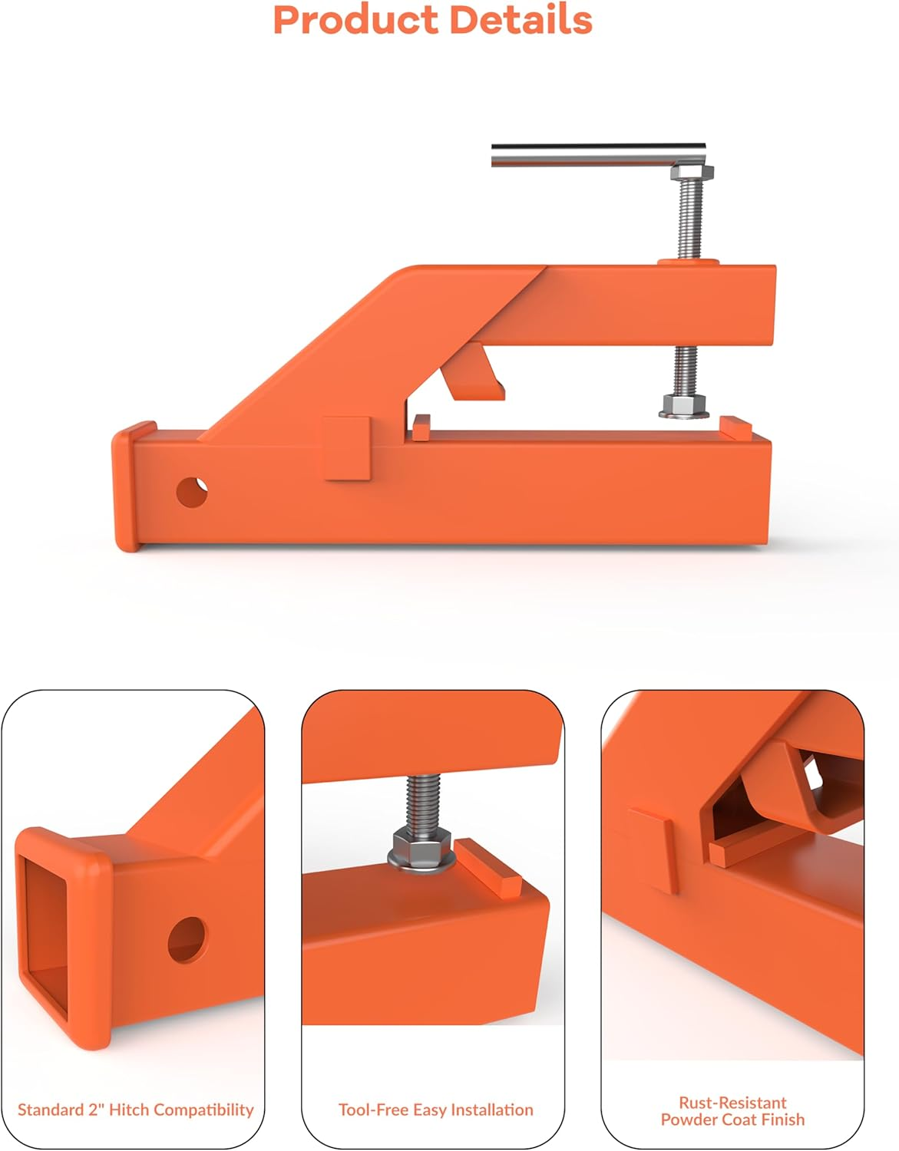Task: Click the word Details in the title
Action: tap(521, 20)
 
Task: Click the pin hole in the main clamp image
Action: tap(191, 491)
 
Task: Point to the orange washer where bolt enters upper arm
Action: tap(688, 263)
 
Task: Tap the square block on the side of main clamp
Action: tap(347, 448)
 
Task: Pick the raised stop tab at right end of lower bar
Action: tap(734, 427)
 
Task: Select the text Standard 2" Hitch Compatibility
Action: tap(135, 1110)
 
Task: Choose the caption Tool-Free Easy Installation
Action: tap(435, 1110)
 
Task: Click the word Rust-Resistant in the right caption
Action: tap(732, 1102)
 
